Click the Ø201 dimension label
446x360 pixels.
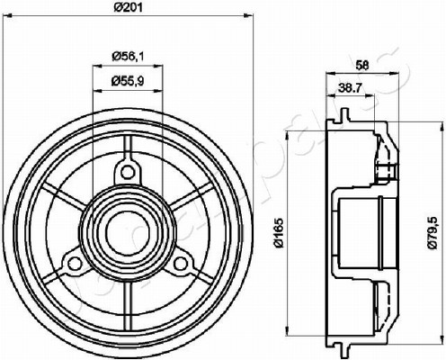click(128, 8)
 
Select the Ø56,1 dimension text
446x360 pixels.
click(128, 56)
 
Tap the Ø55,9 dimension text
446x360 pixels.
click(128, 81)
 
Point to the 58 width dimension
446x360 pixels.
click(361, 65)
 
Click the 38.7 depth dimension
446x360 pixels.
click(351, 87)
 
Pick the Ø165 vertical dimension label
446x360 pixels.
click(279, 233)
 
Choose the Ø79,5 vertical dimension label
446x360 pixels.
click(433, 233)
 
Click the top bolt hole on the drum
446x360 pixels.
click(128, 172)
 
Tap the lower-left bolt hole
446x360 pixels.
click(74, 264)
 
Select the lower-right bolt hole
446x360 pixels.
click(180, 264)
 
